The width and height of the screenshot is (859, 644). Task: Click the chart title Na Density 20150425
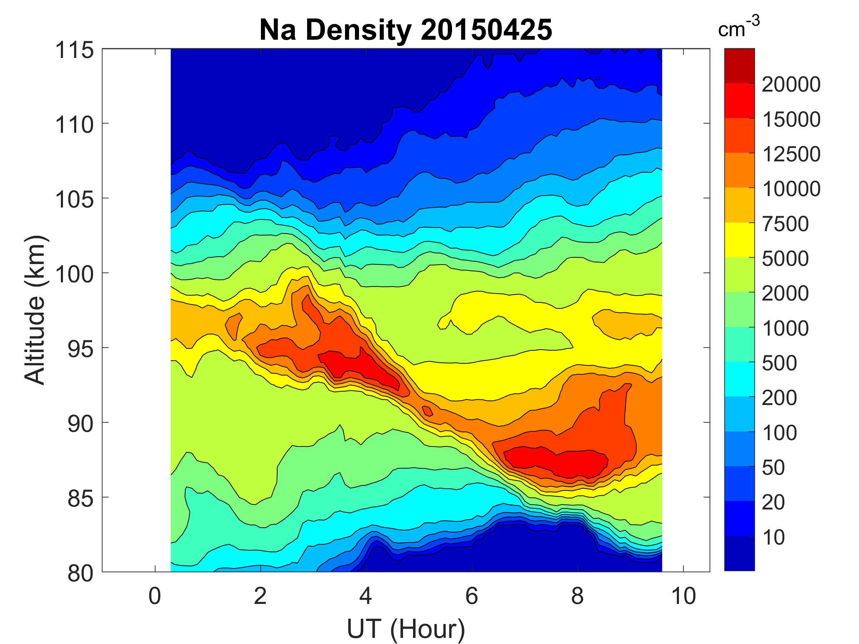(406, 30)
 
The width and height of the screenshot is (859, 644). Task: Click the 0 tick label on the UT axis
(155, 596)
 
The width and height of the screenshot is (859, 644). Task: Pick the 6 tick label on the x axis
(471, 596)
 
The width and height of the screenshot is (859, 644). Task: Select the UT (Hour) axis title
(406, 629)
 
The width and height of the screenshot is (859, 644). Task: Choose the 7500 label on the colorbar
(785, 224)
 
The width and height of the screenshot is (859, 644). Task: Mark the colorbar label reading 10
(773, 537)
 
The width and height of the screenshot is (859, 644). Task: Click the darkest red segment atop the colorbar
(739, 65)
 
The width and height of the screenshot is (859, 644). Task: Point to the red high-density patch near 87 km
(555, 462)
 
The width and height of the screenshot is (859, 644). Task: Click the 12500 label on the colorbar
(791, 154)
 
